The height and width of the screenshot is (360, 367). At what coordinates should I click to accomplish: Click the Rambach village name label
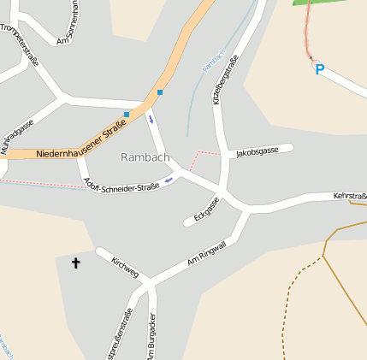click(x=145, y=157)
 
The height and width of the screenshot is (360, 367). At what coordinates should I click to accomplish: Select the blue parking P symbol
click(x=319, y=69)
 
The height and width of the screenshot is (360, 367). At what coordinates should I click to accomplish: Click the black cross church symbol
click(x=75, y=263)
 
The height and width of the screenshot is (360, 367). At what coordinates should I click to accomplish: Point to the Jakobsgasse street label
click(x=257, y=151)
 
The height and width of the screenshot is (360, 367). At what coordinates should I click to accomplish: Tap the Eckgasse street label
click(x=206, y=208)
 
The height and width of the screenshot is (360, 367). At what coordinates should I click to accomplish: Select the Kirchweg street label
click(x=125, y=266)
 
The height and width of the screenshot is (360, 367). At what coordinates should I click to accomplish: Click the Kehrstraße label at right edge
click(x=350, y=198)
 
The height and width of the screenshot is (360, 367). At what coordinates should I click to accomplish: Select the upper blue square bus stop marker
click(x=159, y=92)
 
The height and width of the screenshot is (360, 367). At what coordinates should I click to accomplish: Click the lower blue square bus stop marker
click(x=127, y=114)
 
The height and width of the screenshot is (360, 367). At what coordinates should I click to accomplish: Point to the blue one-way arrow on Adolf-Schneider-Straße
click(x=169, y=180)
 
